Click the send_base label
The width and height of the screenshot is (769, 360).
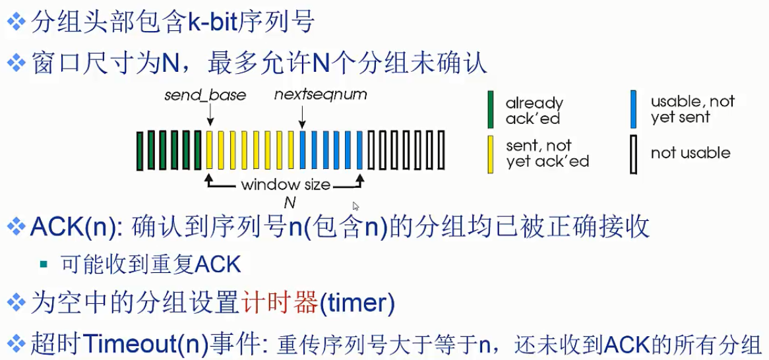click(x=204, y=95)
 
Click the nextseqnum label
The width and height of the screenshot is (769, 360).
click(x=321, y=95)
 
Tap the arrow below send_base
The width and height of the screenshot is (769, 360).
click(x=210, y=116)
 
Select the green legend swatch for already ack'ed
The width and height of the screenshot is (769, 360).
click(x=491, y=109)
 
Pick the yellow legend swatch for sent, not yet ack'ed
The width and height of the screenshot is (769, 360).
click(x=491, y=154)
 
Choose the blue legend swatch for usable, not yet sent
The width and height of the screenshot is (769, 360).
click(x=634, y=109)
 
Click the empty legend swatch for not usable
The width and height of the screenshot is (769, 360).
click(x=634, y=154)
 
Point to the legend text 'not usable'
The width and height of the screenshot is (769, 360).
click(x=690, y=153)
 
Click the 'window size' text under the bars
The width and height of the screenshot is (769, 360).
click(x=285, y=185)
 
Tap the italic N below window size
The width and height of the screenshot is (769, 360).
click(x=289, y=203)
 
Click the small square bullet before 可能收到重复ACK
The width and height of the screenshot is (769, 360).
click(x=44, y=264)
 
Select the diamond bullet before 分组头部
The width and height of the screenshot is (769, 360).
click(x=16, y=23)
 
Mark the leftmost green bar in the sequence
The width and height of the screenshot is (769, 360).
click(x=140, y=150)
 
